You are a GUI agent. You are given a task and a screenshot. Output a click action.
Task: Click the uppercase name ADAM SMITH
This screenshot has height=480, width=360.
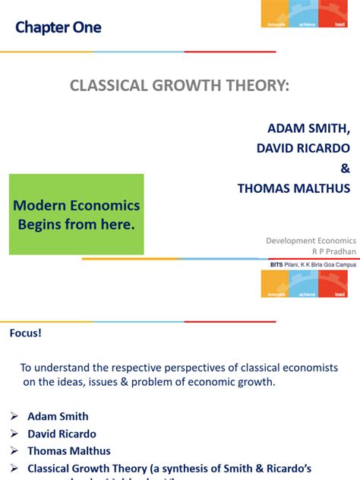tap(308, 126)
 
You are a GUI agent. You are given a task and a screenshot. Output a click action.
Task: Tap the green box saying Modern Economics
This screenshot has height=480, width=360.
tap(76, 214)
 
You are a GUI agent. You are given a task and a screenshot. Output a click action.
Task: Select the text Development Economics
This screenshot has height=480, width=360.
tap(311, 240)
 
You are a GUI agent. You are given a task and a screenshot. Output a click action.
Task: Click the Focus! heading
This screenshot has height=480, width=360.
tap(26, 333)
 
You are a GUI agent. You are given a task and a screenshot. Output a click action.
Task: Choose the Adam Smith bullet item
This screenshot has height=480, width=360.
tap(58, 416)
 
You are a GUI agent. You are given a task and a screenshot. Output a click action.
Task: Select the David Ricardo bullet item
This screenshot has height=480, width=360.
tap(62, 434)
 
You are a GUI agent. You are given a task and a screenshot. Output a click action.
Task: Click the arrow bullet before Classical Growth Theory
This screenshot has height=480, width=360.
tap(14, 469)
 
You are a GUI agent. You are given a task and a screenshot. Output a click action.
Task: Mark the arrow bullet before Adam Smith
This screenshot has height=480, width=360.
tap(14, 416)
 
